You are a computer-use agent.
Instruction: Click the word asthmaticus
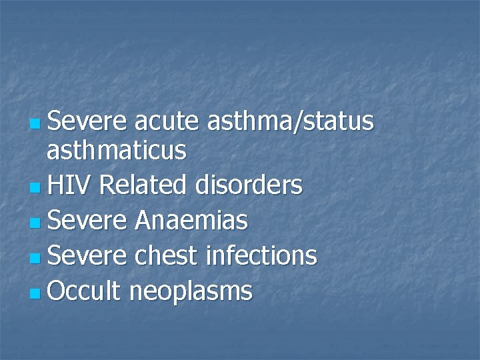117,151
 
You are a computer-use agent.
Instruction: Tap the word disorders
249,185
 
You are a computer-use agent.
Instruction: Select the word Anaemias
191,220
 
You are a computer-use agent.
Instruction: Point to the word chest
167,255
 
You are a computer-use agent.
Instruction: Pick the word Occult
83,290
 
